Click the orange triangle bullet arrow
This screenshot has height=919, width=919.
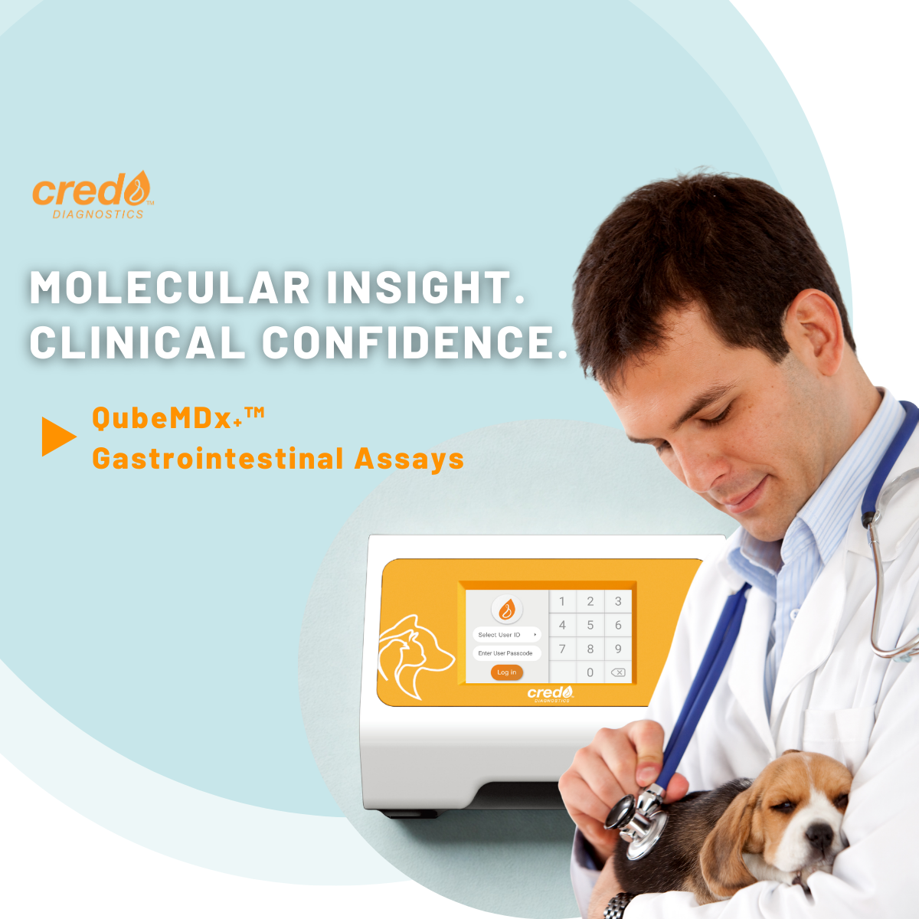(x=58, y=437)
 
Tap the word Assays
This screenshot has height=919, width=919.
(x=409, y=459)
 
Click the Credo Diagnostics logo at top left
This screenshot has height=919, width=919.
(x=93, y=196)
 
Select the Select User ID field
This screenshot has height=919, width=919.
(x=505, y=635)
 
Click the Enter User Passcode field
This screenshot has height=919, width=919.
(x=505, y=653)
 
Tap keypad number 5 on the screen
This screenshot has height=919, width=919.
(x=590, y=625)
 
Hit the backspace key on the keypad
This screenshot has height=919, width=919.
(x=617, y=672)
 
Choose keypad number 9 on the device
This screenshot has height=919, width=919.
(x=618, y=649)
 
